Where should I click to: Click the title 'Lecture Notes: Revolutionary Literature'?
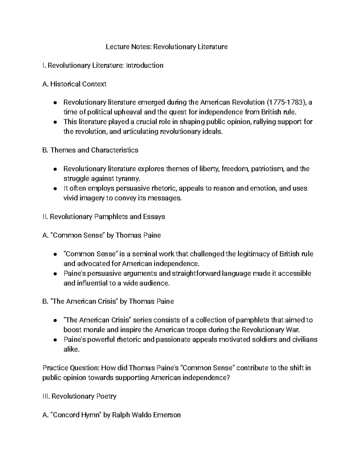point(166,47)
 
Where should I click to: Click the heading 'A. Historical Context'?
point(74,84)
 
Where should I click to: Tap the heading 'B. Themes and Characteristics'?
point(90,150)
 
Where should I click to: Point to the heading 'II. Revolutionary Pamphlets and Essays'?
point(104,217)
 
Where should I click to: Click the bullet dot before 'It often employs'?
point(55,189)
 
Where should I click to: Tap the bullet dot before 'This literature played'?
point(55,122)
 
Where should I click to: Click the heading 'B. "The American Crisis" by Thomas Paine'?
point(108,302)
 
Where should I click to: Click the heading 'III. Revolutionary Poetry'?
point(79,396)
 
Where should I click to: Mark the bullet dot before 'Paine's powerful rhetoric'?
point(55,340)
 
